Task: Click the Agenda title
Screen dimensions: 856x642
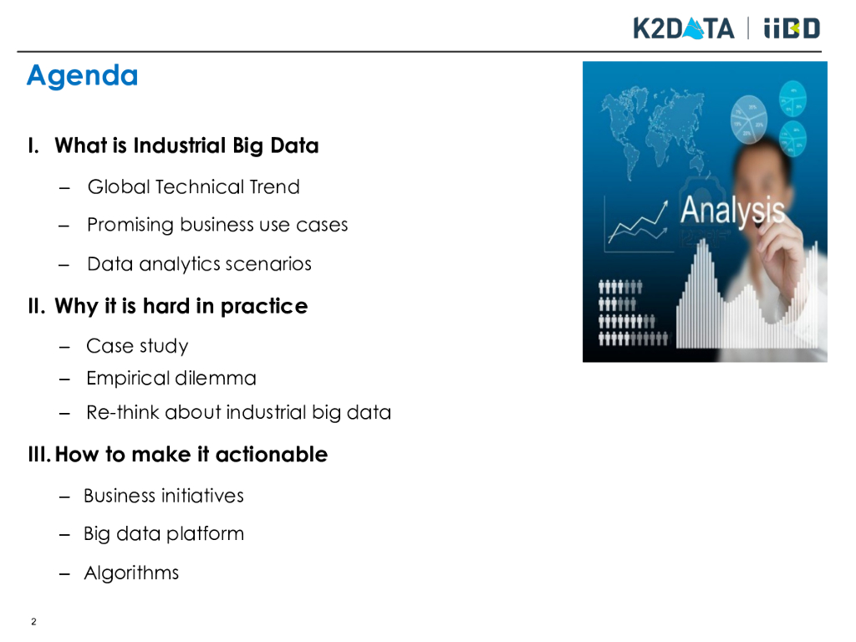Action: click(83, 76)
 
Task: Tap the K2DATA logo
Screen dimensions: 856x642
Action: click(684, 28)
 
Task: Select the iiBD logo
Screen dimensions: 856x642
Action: click(792, 28)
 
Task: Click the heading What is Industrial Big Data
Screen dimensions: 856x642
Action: click(186, 146)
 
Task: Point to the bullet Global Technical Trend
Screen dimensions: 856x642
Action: click(194, 186)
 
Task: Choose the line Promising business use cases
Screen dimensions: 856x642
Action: click(217, 225)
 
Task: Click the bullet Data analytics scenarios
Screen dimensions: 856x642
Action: click(199, 264)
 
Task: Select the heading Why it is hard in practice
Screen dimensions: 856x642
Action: click(181, 306)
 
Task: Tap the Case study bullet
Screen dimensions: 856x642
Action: click(137, 346)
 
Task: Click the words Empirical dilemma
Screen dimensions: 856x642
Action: click(171, 379)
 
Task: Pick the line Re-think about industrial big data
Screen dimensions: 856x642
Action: click(238, 413)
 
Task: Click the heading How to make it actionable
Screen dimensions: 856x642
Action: click(191, 455)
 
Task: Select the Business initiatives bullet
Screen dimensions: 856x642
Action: click(164, 496)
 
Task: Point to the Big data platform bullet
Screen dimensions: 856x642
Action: click(164, 534)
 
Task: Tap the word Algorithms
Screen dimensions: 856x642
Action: click(131, 573)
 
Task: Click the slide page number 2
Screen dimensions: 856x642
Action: click(33, 622)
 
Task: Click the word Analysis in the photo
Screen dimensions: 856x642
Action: click(732, 211)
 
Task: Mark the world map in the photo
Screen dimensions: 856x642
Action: click(653, 129)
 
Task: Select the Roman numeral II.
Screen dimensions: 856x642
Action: click(37, 306)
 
